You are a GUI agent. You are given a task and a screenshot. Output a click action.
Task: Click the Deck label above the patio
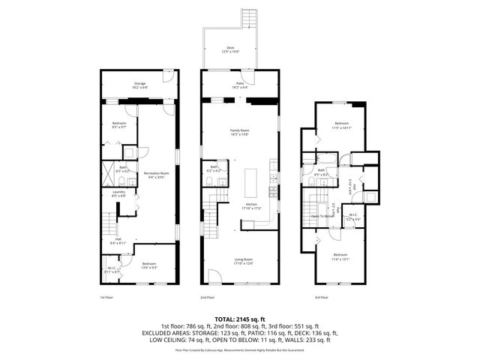230,49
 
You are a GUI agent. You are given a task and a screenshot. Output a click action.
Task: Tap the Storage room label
140,85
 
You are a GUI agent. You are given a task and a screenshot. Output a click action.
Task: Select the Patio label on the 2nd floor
240,85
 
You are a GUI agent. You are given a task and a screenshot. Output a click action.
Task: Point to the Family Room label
239,131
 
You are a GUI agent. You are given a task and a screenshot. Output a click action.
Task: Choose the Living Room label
240,261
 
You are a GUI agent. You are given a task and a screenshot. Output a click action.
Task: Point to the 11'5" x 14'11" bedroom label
341,124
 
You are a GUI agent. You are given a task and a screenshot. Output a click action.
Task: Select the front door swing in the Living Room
214,278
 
